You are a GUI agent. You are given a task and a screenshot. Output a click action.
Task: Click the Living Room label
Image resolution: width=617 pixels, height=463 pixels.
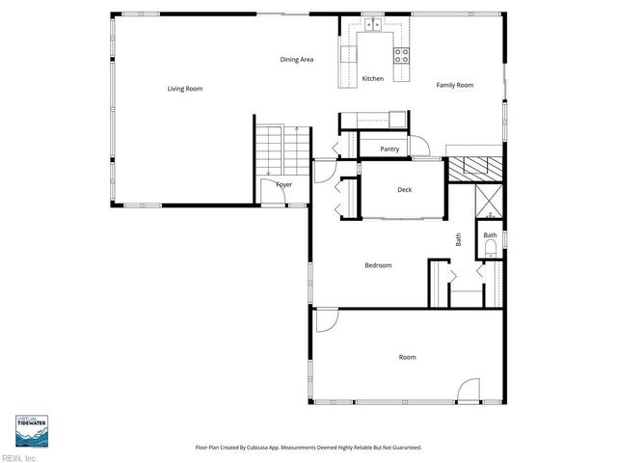(x=184, y=89)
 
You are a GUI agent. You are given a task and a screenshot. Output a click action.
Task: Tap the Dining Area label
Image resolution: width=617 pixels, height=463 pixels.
(x=297, y=60)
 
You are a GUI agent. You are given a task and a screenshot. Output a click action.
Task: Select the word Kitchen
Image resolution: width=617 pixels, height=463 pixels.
(x=372, y=78)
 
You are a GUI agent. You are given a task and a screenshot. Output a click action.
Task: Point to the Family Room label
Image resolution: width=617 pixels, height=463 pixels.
(x=454, y=86)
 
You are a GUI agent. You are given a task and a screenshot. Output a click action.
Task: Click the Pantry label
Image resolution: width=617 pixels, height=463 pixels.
(x=389, y=149)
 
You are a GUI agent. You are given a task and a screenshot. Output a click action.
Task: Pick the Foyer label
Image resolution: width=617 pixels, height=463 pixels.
(x=284, y=183)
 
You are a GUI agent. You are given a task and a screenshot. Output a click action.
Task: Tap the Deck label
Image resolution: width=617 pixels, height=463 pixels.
(x=405, y=189)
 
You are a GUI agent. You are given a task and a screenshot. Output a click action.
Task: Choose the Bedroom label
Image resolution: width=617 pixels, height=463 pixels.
(x=378, y=265)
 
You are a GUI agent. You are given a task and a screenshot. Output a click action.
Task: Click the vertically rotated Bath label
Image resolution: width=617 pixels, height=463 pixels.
(x=459, y=238)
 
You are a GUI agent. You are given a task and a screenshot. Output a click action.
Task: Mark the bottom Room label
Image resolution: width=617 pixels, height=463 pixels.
(x=408, y=357)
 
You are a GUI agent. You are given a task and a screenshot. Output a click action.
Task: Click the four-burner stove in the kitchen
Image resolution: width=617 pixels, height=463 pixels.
(x=403, y=53)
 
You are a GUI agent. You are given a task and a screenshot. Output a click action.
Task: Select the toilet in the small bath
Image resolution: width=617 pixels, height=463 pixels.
(x=490, y=248)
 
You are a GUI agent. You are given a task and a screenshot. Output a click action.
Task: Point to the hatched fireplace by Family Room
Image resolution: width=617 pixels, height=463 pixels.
(x=477, y=166)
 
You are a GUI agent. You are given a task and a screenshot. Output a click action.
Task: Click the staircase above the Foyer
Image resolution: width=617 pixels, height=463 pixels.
(x=282, y=150)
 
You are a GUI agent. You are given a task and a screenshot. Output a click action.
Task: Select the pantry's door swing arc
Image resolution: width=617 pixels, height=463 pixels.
(x=421, y=147)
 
